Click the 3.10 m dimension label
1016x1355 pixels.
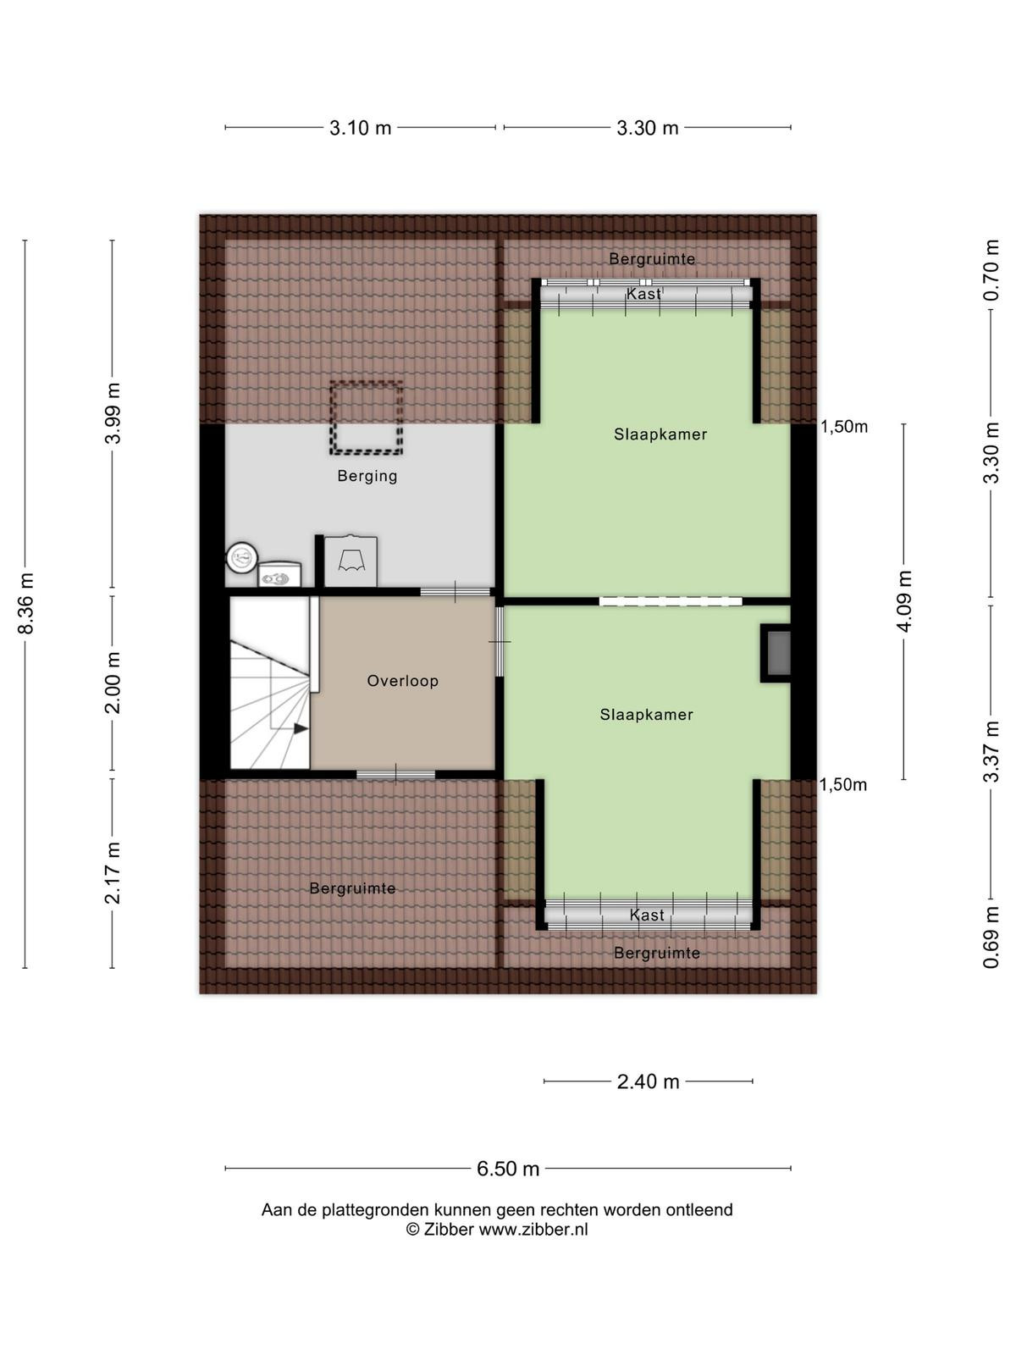[361, 128]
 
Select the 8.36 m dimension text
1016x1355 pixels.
[26, 602]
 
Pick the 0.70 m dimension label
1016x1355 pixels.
[991, 270]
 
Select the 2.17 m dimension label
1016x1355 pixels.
[113, 873]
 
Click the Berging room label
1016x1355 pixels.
[367, 476]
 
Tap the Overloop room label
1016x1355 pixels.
[402, 681]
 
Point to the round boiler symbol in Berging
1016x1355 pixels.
[241, 558]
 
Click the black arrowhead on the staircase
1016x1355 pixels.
[301, 729]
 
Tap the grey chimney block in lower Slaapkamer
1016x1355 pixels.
[778, 653]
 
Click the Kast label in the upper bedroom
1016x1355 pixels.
[643, 294]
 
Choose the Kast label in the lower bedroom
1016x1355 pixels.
[647, 915]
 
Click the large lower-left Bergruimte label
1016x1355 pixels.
[352, 888]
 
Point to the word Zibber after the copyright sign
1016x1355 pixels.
[449, 1229]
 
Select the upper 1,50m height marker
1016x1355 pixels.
[844, 427]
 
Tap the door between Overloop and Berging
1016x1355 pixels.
[456, 591]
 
